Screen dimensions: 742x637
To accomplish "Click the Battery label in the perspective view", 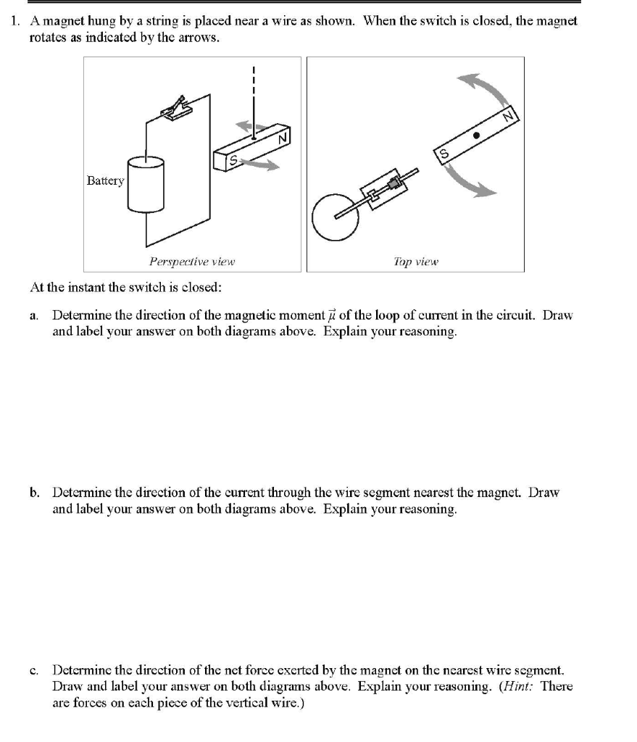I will pyautogui.click(x=105, y=180).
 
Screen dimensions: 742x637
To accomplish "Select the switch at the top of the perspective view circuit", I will pyautogui.click(x=177, y=107).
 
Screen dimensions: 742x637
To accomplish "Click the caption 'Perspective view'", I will pyautogui.click(x=192, y=262).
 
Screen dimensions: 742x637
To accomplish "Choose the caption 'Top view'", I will pyautogui.click(x=416, y=262).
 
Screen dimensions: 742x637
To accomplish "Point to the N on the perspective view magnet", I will pyautogui.click(x=283, y=138).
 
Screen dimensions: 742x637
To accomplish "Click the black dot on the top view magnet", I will pyautogui.click(x=476, y=135).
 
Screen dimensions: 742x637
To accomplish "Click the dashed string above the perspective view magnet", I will pyautogui.click(x=254, y=94).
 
